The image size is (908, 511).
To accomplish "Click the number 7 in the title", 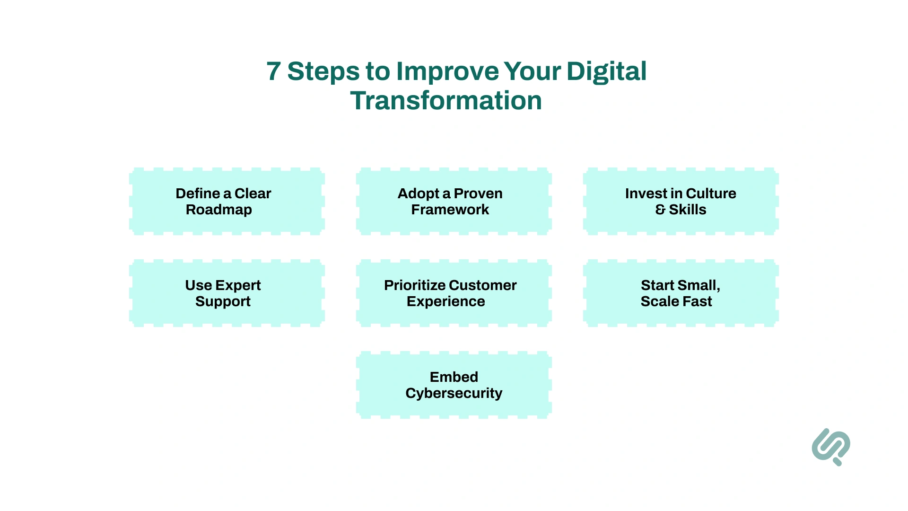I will pyautogui.click(x=274, y=71).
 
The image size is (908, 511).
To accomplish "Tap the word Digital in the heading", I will pyautogui.click(x=606, y=71).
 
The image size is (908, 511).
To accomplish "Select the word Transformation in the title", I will pyautogui.click(x=446, y=101).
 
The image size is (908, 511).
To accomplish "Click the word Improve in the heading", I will pyautogui.click(x=447, y=71).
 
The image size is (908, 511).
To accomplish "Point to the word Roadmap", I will pyautogui.click(x=218, y=210).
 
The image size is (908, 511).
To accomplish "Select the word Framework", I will pyautogui.click(x=450, y=210).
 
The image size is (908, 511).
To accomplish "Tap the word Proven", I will pyautogui.click(x=478, y=194).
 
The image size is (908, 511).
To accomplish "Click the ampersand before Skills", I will pyautogui.click(x=660, y=210).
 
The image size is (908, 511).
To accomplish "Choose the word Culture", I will pyautogui.click(x=711, y=194).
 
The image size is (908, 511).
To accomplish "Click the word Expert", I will pyautogui.click(x=238, y=285).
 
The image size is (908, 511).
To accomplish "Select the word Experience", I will pyautogui.click(x=445, y=301).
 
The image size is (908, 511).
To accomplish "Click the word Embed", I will pyautogui.click(x=454, y=377).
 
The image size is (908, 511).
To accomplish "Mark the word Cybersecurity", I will pyautogui.click(x=454, y=393).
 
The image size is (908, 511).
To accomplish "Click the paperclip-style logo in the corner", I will pyautogui.click(x=831, y=447).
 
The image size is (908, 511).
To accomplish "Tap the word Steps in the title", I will pyautogui.click(x=323, y=71).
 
